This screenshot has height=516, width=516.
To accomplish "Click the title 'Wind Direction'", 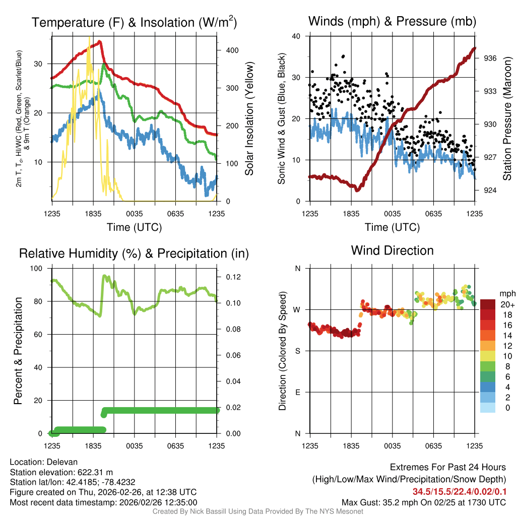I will tap(392, 250).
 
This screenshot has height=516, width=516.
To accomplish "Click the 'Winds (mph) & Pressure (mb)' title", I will tap(392, 21).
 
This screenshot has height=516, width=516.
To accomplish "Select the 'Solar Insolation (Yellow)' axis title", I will tap(249, 119).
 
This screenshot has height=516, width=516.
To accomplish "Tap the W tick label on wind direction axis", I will tap(297, 309).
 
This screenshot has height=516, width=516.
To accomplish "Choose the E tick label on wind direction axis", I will tap(298, 392).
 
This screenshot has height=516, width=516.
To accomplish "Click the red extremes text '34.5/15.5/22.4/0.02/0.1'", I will tap(460, 491).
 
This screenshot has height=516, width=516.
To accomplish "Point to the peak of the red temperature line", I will tap(100, 41).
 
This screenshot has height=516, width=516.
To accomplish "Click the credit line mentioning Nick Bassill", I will tap(257, 511).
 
